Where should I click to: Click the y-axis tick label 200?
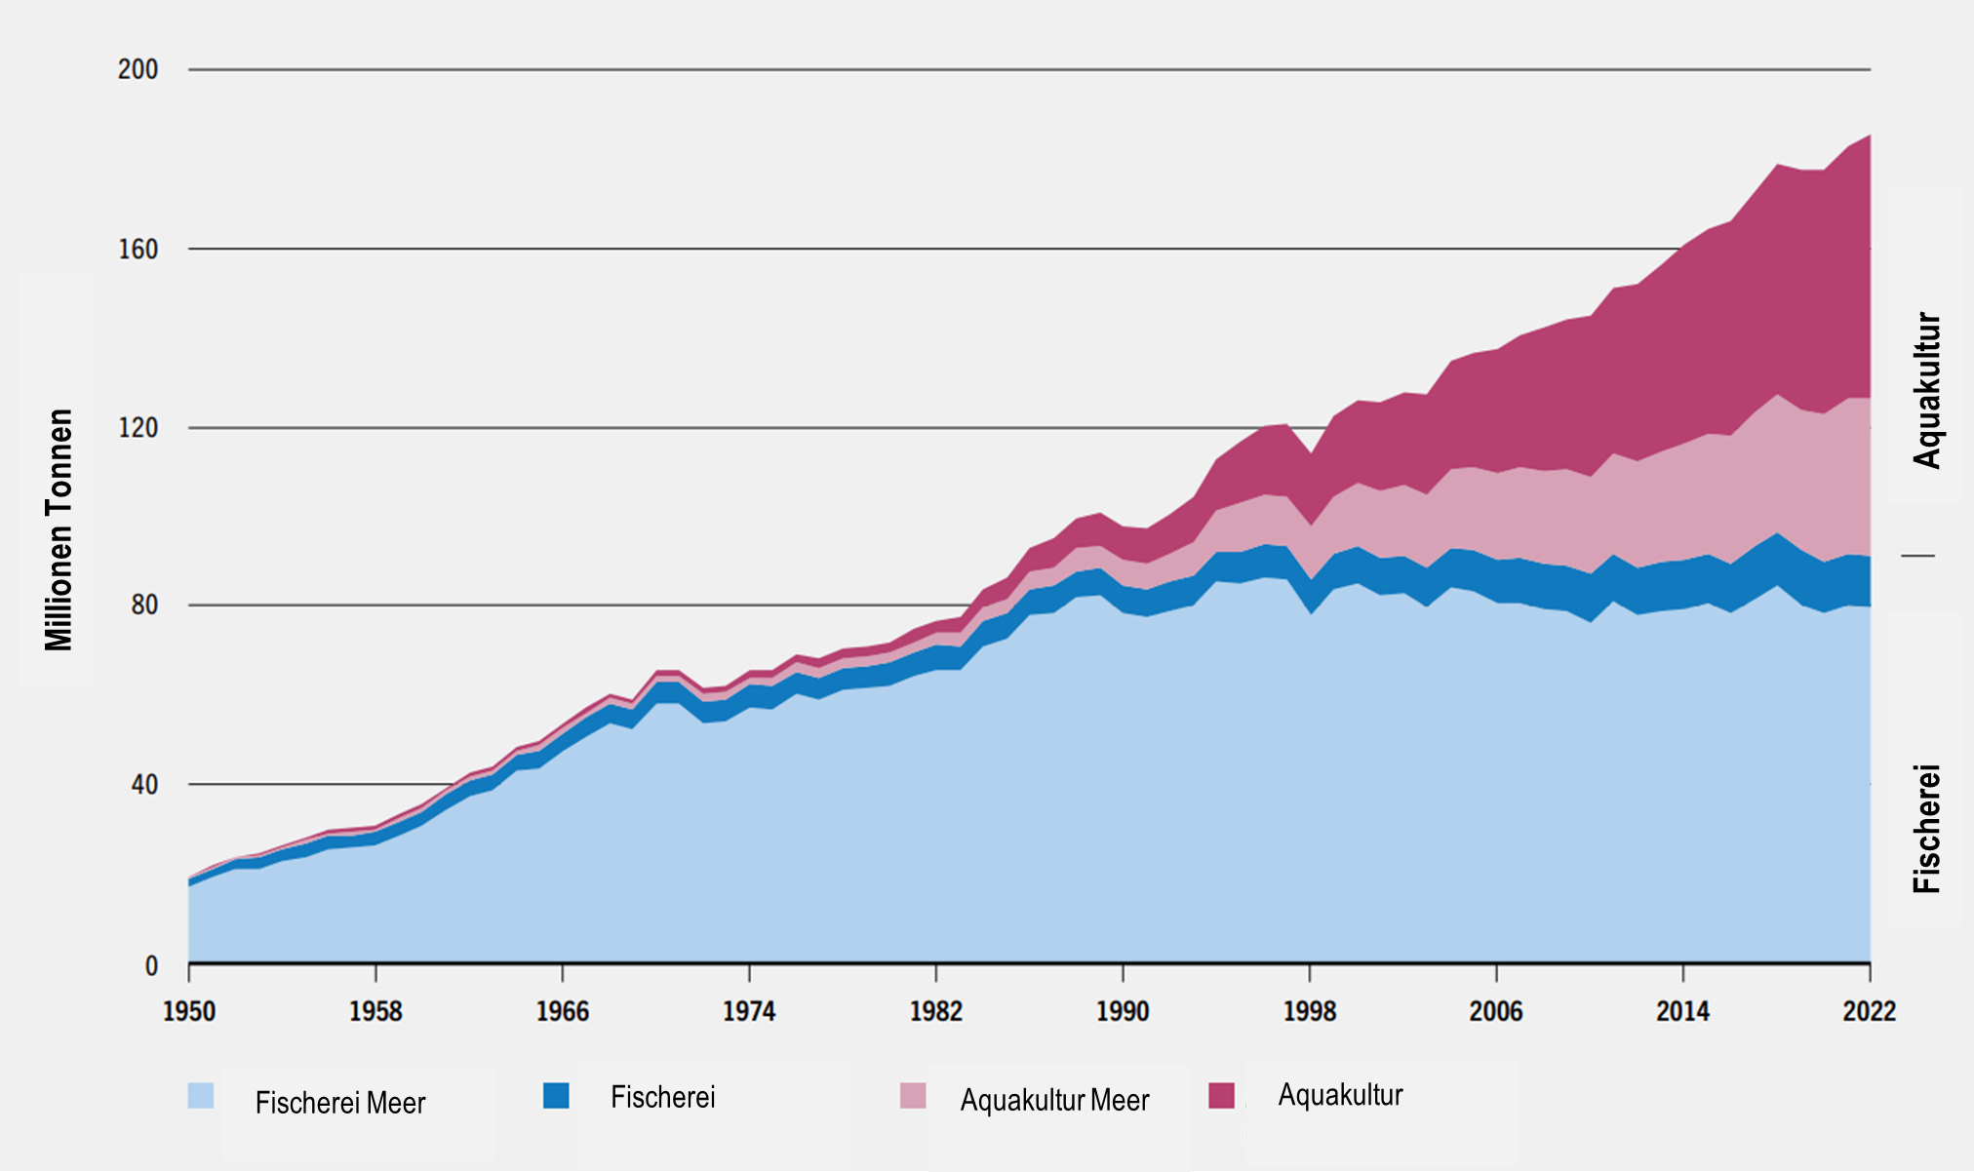click(x=138, y=69)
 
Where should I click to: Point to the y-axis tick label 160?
click(x=138, y=250)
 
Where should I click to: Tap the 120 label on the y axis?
click(x=138, y=428)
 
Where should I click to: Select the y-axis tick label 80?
click(x=143, y=606)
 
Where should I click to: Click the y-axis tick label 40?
click(x=143, y=785)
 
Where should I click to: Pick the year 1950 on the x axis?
click(x=189, y=1011)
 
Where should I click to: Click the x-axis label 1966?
click(x=563, y=1011)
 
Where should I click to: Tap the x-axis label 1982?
click(x=936, y=1011)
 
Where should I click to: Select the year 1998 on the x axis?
click(x=1310, y=1011)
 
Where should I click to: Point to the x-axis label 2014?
click(x=1682, y=1011)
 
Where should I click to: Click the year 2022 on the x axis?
click(x=1869, y=1011)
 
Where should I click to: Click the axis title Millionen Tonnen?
click(x=59, y=529)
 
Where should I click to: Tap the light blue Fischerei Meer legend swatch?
click(x=201, y=1095)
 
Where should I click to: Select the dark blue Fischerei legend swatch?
click(x=556, y=1095)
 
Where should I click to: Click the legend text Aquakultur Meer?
click(x=1054, y=1101)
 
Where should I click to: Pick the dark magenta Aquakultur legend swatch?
click(x=1221, y=1095)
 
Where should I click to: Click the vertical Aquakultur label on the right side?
click(x=1927, y=390)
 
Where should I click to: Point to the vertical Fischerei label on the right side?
click(x=1927, y=829)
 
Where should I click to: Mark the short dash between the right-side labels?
click(x=1917, y=556)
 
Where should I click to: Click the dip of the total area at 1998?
click(x=1310, y=454)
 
